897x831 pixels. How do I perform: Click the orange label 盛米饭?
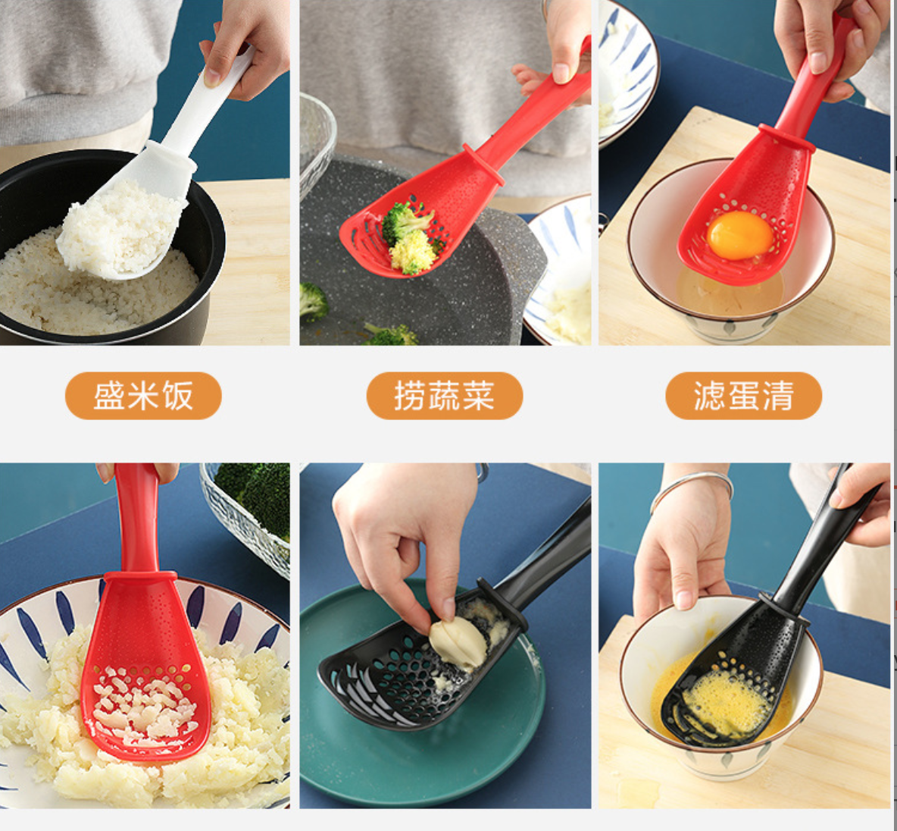(143, 396)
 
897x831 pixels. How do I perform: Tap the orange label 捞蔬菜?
(445, 396)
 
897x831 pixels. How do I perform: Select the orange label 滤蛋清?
(744, 396)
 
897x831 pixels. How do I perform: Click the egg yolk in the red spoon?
(739, 235)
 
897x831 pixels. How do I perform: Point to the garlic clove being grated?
(458, 642)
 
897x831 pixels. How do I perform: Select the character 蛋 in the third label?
(744, 396)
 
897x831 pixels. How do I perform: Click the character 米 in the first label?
(143, 396)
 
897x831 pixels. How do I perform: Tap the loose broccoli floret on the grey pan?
(313, 301)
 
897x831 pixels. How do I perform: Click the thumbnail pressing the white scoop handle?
(212, 78)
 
